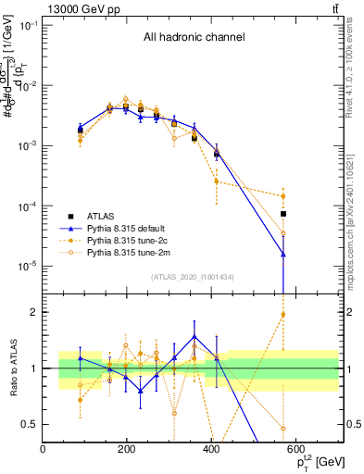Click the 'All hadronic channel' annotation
coord(194,38)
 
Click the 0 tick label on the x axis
coord(44,449)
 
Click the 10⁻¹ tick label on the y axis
coord(28,25)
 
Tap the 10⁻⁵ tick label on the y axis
coord(28,266)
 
